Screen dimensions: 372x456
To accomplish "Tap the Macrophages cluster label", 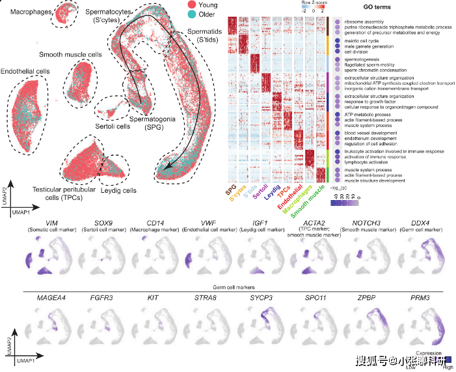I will click(x=24, y=11).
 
